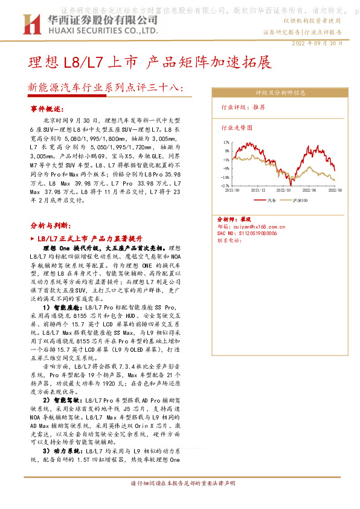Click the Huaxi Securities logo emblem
tap(30, 24)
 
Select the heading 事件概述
tap(47, 109)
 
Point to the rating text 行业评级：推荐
tap(243, 106)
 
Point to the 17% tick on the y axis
tap(226, 143)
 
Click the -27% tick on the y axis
tap(225, 186)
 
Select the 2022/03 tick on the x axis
tap(283, 190)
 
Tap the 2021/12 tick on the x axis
tap(258, 190)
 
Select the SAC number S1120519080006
tap(247, 233)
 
